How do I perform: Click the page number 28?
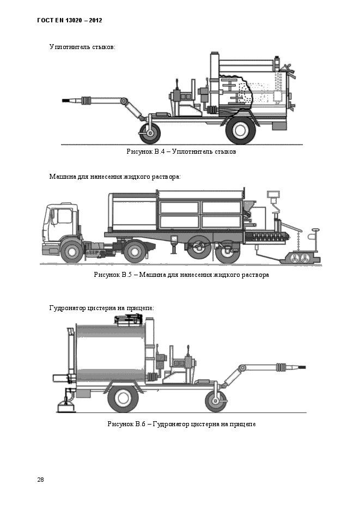coord(40,480)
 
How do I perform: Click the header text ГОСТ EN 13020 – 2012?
coord(70,21)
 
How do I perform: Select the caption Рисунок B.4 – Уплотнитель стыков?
coord(181,152)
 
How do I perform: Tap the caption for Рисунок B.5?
coord(181,275)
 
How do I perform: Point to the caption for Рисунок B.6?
coord(181,424)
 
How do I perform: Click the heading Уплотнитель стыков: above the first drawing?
coord(82,47)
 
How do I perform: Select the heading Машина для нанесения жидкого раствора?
coord(114,177)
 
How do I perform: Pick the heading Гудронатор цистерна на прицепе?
coord(101,308)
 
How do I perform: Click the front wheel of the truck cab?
coord(71,251)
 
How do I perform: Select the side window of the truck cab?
coord(64,216)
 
